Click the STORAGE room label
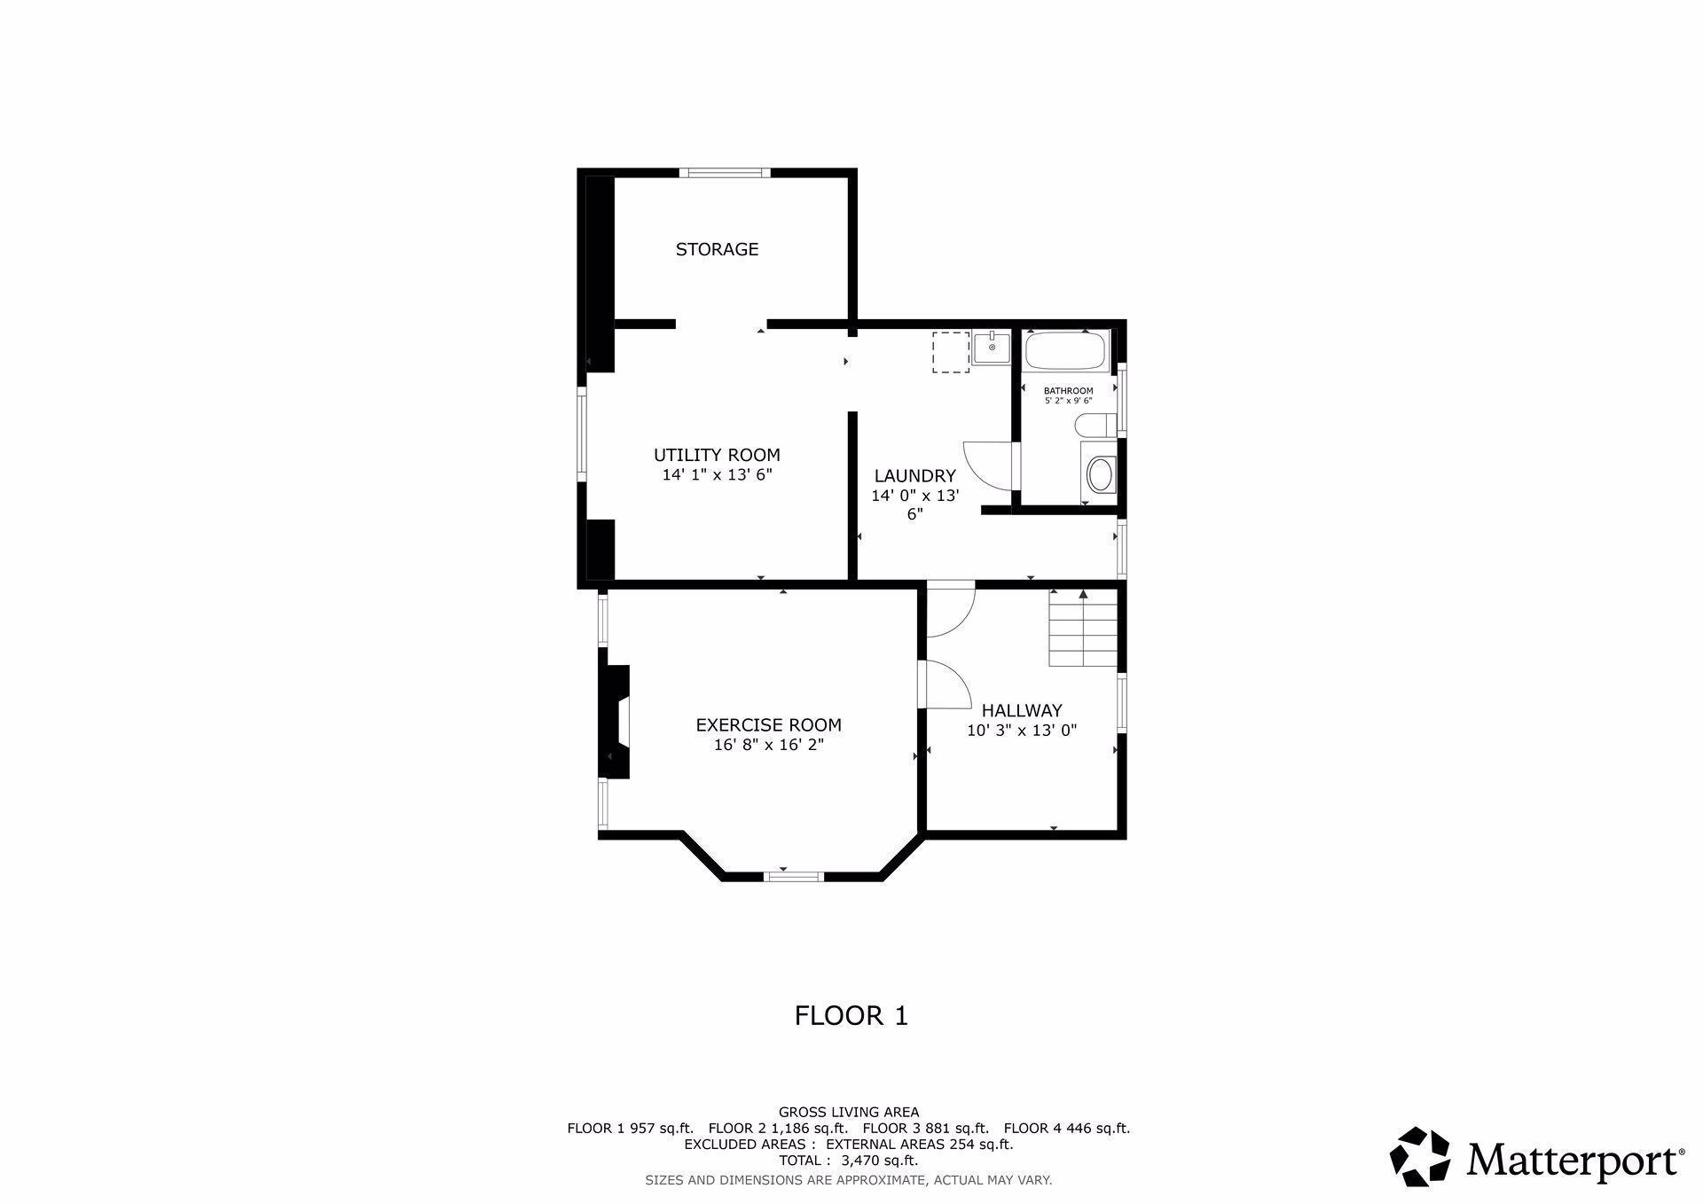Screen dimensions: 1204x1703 tap(717, 249)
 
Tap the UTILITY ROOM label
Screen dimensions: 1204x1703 tap(717, 455)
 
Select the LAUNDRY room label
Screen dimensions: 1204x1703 tap(914, 476)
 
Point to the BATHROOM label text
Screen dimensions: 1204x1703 tap(1068, 390)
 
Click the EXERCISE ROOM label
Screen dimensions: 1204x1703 tap(768, 724)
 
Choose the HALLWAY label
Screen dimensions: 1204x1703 tap(1021, 710)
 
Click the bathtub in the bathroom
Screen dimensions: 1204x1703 tap(1065, 351)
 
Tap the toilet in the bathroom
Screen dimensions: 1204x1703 tap(1094, 426)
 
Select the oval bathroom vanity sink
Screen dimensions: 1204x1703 tap(1100, 475)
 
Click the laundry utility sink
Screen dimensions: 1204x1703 tap(991, 347)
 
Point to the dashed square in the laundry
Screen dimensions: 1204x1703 tap(950, 352)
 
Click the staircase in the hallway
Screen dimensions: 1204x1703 tap(1083, 629)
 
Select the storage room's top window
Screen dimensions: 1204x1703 tap(725, 173)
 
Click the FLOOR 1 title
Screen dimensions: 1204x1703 tap(851, 1015)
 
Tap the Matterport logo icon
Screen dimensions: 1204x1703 tap(1419, 1156)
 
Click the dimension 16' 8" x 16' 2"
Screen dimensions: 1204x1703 tap(768, 745)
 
